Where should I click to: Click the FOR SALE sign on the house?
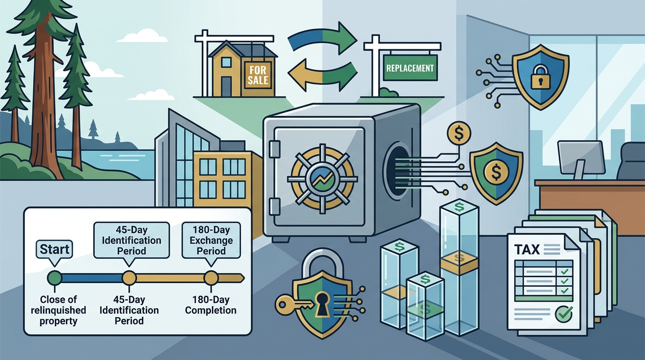pyautogui.click(x=258, y=75)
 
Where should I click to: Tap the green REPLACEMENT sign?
pyautogui.click(x=410, y=68)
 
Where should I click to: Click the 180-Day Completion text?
pyautogui.click(x=211, y=305)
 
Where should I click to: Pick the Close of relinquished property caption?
pyautogui.click(x=59, y=310)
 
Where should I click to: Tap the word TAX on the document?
pyautogui.click(x=527, y=249)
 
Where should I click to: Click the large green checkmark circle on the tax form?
pyautogui.click(x=563, y=314)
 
